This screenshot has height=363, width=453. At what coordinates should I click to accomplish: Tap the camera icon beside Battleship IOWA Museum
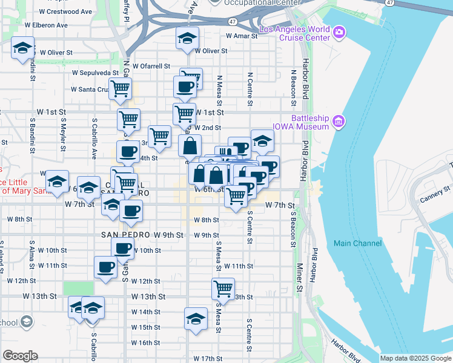pos(338,123)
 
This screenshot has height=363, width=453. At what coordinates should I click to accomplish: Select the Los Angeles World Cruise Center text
pos(294,34)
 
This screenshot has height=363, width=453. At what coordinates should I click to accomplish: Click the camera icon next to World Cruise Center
pos(339,31)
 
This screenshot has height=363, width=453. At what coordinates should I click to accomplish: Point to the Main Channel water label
pos(358,243)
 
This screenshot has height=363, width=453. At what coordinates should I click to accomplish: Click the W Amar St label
pos(239,36)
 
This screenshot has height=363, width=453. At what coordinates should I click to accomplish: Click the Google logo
pos(20,356)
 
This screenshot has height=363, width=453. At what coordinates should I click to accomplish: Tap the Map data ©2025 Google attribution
pos(415,358)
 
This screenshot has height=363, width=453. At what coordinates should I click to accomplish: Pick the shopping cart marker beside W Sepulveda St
pos(120,88)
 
